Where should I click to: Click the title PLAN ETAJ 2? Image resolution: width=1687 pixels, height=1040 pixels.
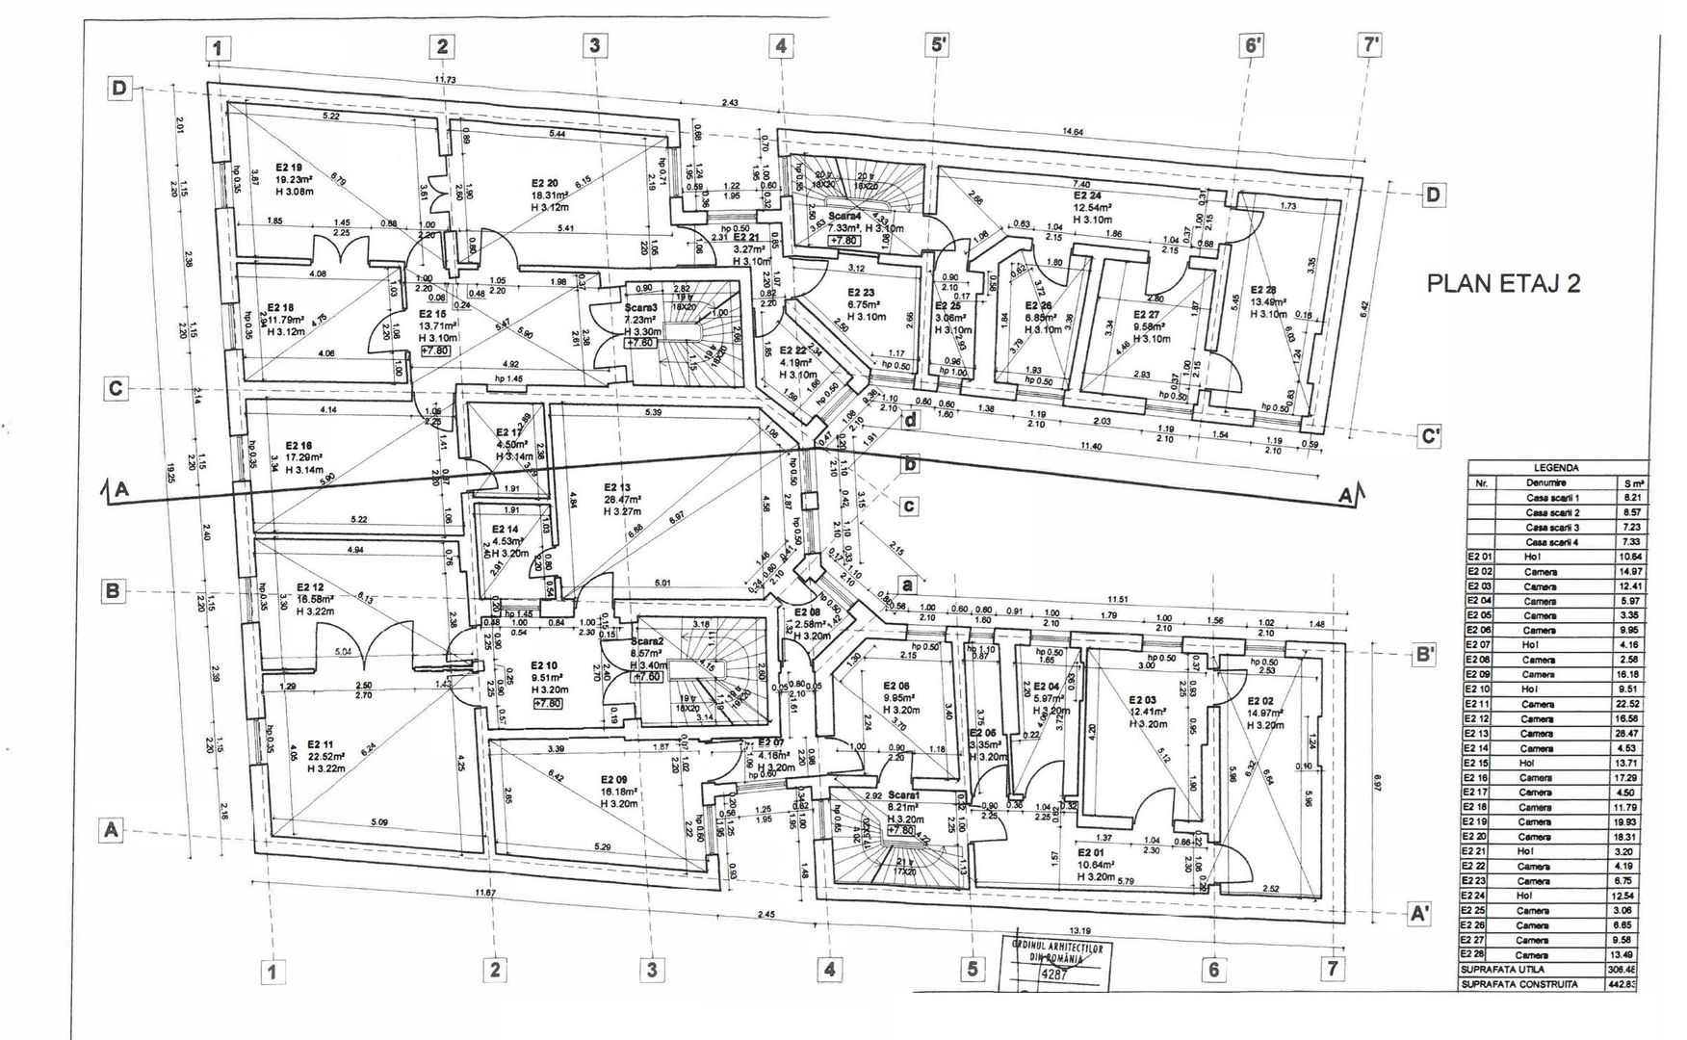(1502, 284)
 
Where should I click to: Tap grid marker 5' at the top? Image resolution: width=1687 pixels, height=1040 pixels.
(939, 44)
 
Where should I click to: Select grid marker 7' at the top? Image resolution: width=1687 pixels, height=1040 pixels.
(1371, 44)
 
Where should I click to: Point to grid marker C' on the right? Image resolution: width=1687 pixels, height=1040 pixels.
(1432, 435)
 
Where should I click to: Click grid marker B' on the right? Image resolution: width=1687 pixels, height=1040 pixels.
(1425, 654)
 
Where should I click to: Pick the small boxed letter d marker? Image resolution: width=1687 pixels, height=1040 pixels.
(910, 420)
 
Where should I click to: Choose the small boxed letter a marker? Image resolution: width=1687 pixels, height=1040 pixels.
(906, 583)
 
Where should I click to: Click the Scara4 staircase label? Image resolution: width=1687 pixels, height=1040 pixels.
(843, 217)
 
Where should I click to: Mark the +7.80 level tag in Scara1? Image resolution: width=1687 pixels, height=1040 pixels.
(902, 830)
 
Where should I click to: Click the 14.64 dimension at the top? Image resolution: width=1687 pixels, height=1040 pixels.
(1073, 132)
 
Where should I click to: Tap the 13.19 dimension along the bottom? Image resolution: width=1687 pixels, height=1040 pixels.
(1080, 930)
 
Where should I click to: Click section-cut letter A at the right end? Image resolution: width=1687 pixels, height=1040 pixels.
(1347, 496)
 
